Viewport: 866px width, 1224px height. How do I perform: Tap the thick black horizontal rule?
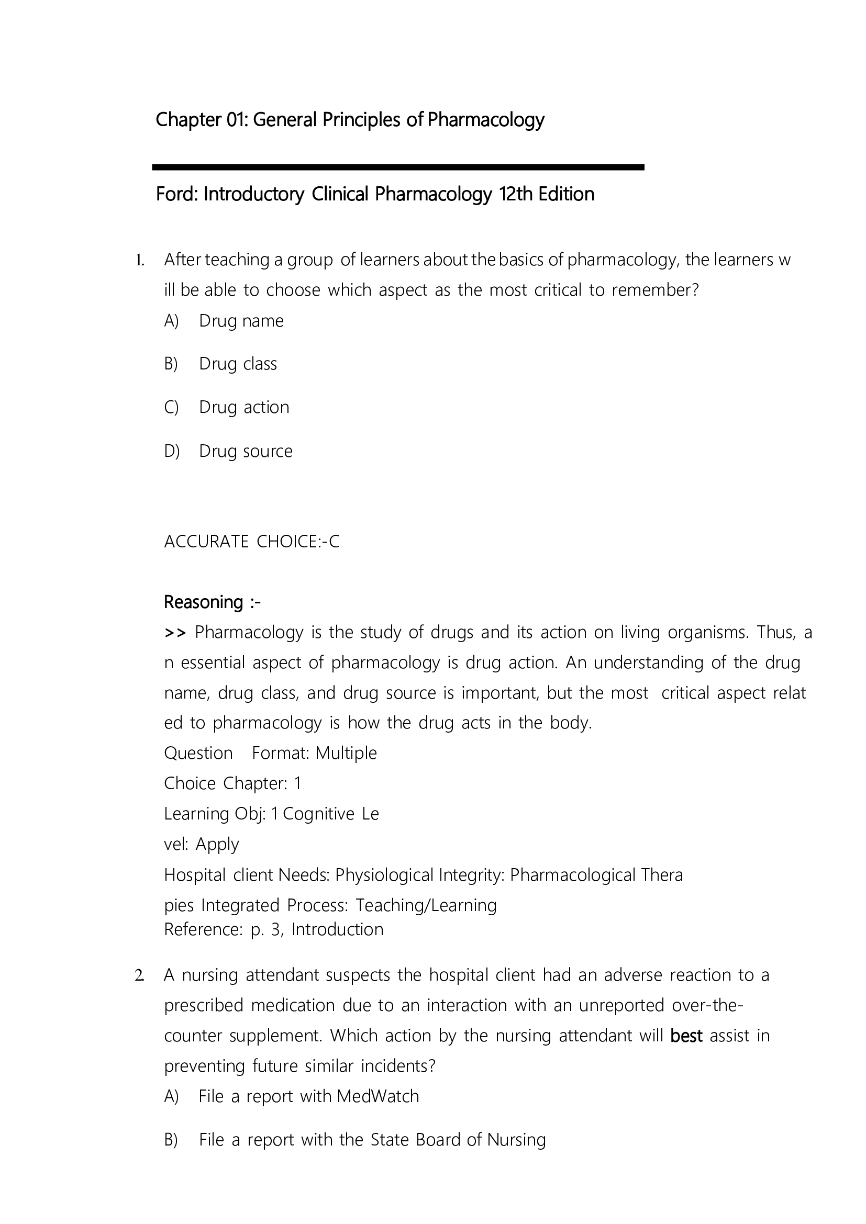pos(398,167)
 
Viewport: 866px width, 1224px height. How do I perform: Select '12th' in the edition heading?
pos(516,194)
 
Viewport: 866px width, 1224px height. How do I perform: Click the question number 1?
pos(139,260)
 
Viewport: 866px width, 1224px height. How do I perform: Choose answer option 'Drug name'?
pos(241,321)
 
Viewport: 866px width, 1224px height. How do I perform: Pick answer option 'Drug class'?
pos(238,364)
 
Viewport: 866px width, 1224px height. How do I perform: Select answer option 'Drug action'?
pos(243,407)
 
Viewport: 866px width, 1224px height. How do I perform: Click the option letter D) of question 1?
pos(172,452)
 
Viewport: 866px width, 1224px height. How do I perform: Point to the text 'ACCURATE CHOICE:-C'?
pos(252,542)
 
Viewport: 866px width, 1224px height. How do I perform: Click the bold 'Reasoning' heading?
pos(203,602)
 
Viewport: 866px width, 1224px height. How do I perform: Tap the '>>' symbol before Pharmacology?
pos(175,633)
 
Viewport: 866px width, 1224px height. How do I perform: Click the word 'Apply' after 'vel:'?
pos(217,845)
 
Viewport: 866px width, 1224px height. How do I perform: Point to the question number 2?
pos(139,975)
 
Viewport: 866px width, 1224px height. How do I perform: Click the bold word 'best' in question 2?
pos(686,1036)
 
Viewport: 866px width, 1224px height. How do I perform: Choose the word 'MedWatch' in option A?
pos(378,1097)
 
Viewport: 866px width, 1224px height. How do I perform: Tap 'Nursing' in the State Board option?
pos(516,1140)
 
